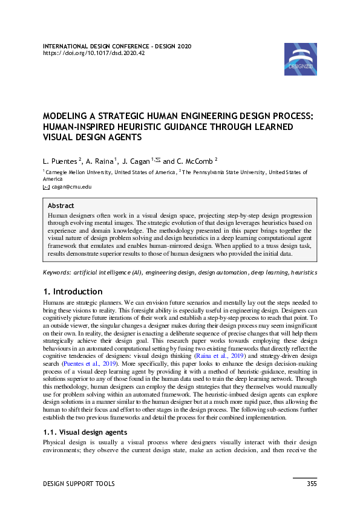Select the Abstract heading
[61, 206]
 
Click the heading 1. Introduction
[72, 291]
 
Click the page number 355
[311, 484]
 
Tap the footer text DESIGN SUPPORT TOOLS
[78, 484]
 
